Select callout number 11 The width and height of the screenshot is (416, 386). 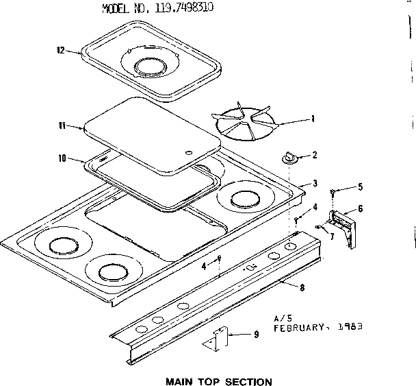(62, 125)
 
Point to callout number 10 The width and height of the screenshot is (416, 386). (62, 158)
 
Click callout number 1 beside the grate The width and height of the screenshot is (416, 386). (313, 119)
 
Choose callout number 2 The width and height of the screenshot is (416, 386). (314, 156)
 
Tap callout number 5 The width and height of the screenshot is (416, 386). (341, 187)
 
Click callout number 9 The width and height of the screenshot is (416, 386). (256, 335)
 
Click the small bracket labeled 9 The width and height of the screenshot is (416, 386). (217, 339)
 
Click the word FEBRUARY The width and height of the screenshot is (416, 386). (302, 328)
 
